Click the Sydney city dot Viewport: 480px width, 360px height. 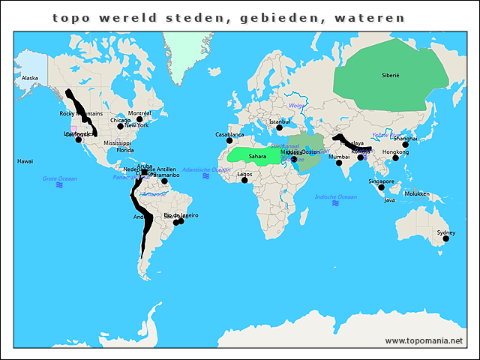click(x=445, y=238)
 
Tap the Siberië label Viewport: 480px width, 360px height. click(x=391, y=76)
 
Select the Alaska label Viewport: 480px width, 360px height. click(x=30, y=78)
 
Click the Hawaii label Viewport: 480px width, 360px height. click(x=25, y=160)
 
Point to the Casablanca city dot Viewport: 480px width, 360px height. click(x=229, y=140)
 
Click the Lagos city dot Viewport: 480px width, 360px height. click(x=244, y=180)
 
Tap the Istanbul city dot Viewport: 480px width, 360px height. click(x=279, y=127)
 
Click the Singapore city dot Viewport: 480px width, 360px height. click(x=381, y=187)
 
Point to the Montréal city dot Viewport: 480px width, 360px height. click(x=139, y=119)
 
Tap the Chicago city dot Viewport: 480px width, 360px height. click(x=120, y=126)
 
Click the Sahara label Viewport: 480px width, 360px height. click(x=258, y=157)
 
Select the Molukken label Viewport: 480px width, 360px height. click(x=416, y=193)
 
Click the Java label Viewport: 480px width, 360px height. click(x=389, y=200)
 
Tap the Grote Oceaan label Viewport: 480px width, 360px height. click(x=59, y=178)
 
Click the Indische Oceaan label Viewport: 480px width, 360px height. click(x=334, y=196)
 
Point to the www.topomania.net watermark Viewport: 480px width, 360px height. click(x=424, y=340)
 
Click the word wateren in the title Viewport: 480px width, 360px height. click(x=367, y=17)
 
